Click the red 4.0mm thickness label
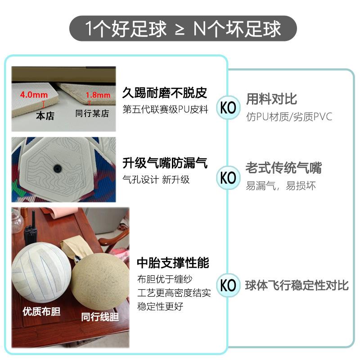pyautogui.click(x=31, y=95)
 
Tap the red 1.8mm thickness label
pyautogui.click(x=98, y=95)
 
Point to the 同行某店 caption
pyautogui.click(x=92, y=114)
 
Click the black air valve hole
pyautogui.click(x=57, y=168)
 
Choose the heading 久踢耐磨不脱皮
pyautogui.click(x=165, y=93)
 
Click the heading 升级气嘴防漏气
pyautogui.click(x=165, y=163)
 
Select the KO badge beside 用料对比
pyautogui.click(x=229, y=108)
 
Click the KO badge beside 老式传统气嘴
pyautogui.click(x=229, y=177)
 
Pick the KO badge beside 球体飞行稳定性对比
pyautogui.click(x=229, y=285)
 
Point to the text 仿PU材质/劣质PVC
pyautogui.click(x=289, y=117)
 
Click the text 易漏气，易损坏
pyautogui.click(x=281, y=186)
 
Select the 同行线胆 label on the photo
pyautogui.click(x=100, y=317)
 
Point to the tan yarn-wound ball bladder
pyautogui.click(x=99, y=279)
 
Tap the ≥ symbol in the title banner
pyautogui.click(x=179, y=30)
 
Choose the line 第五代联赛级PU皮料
pyautogui.click(x=165, y=109)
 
